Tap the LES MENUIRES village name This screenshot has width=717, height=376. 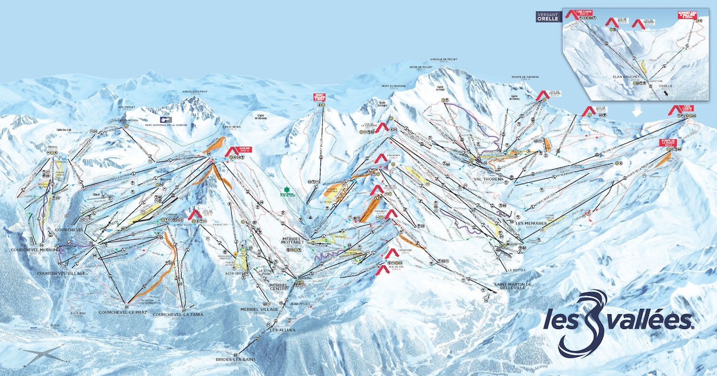[x=531, y=223]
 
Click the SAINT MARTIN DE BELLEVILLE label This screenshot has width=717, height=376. [x=512, y=286]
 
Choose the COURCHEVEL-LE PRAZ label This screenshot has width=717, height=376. [x=120, y=312]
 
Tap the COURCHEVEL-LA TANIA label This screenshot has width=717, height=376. [x=178, y=315]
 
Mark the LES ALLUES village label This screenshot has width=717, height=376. [x=282, y=330]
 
